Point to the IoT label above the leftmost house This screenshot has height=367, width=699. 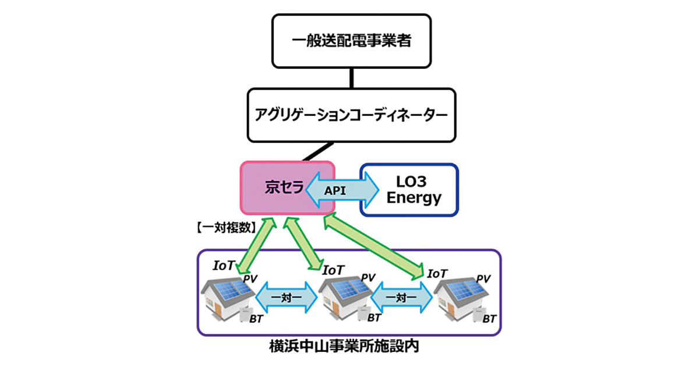tap(224, 266)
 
